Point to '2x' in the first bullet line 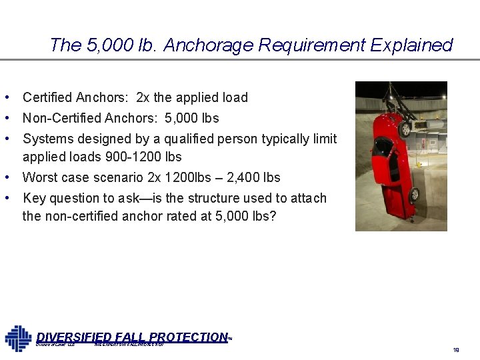tap(143, 97)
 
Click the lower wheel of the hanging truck tap(413, 195)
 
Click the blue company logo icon tap(18, 338)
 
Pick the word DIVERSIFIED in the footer tap(73, 337)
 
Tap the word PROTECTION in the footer tap(190, 337)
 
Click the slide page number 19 tap(457, 349)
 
